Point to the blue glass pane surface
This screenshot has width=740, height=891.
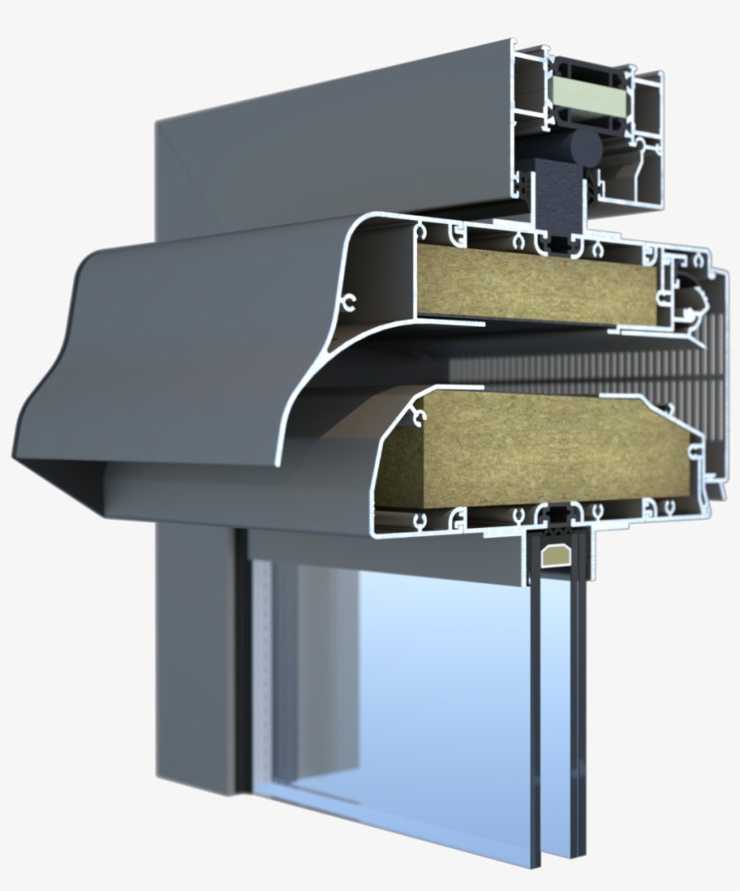433,686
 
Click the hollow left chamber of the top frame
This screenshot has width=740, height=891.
532,90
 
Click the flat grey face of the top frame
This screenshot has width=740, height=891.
334,135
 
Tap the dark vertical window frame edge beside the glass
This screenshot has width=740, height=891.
242,659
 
